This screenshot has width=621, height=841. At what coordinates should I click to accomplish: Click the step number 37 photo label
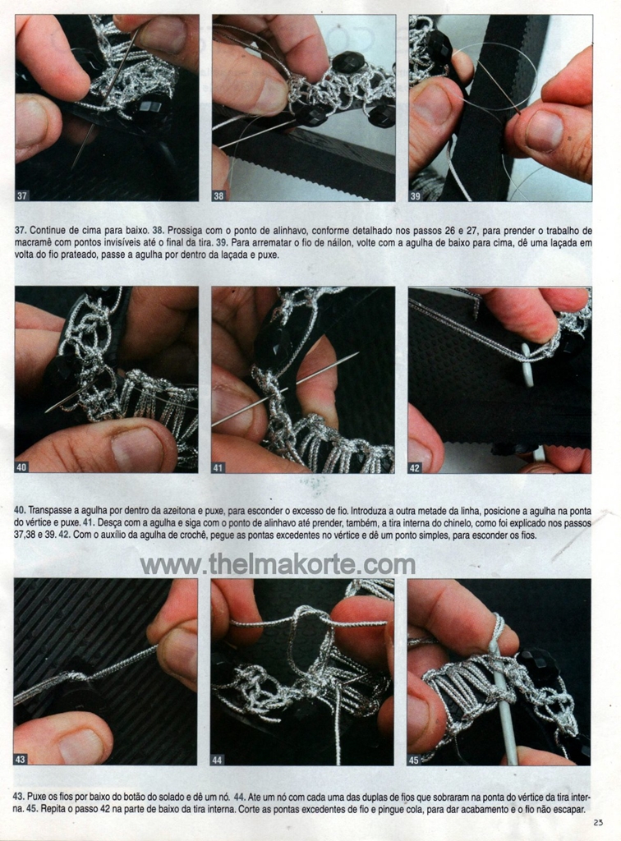coord(22,195)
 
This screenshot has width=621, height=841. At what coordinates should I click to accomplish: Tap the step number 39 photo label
coord(416,196)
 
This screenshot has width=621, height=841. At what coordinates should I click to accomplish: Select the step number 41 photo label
coord(218,467)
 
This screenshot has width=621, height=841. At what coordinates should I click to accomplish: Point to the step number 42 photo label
coord(415,468)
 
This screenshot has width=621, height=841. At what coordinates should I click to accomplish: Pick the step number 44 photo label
coord(217,760)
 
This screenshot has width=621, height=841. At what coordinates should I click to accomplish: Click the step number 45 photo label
coord(414,760)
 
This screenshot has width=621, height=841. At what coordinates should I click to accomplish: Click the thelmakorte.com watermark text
coord(278,565)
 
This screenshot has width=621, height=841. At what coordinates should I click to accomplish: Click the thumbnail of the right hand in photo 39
coord(545,129)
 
